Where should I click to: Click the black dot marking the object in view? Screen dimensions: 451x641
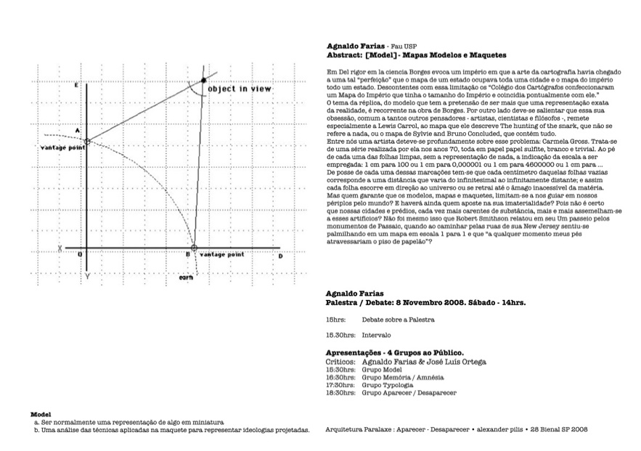tap(203, 79)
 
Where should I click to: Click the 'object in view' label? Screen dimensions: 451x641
tap(240, 89)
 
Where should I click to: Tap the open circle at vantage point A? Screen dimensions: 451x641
tap(86, 142)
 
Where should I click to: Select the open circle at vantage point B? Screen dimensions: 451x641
tap(194, 247)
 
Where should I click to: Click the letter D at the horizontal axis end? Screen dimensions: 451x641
tap(280, 256)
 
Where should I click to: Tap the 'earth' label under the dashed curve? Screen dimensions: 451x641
tap(185, 277)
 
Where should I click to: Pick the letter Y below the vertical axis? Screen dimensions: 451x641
tap(87, 277)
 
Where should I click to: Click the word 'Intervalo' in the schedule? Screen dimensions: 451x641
tap(376, 336)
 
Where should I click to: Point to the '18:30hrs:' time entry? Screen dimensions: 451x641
tap(340, 393)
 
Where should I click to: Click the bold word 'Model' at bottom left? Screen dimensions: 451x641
tap(40, 414)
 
